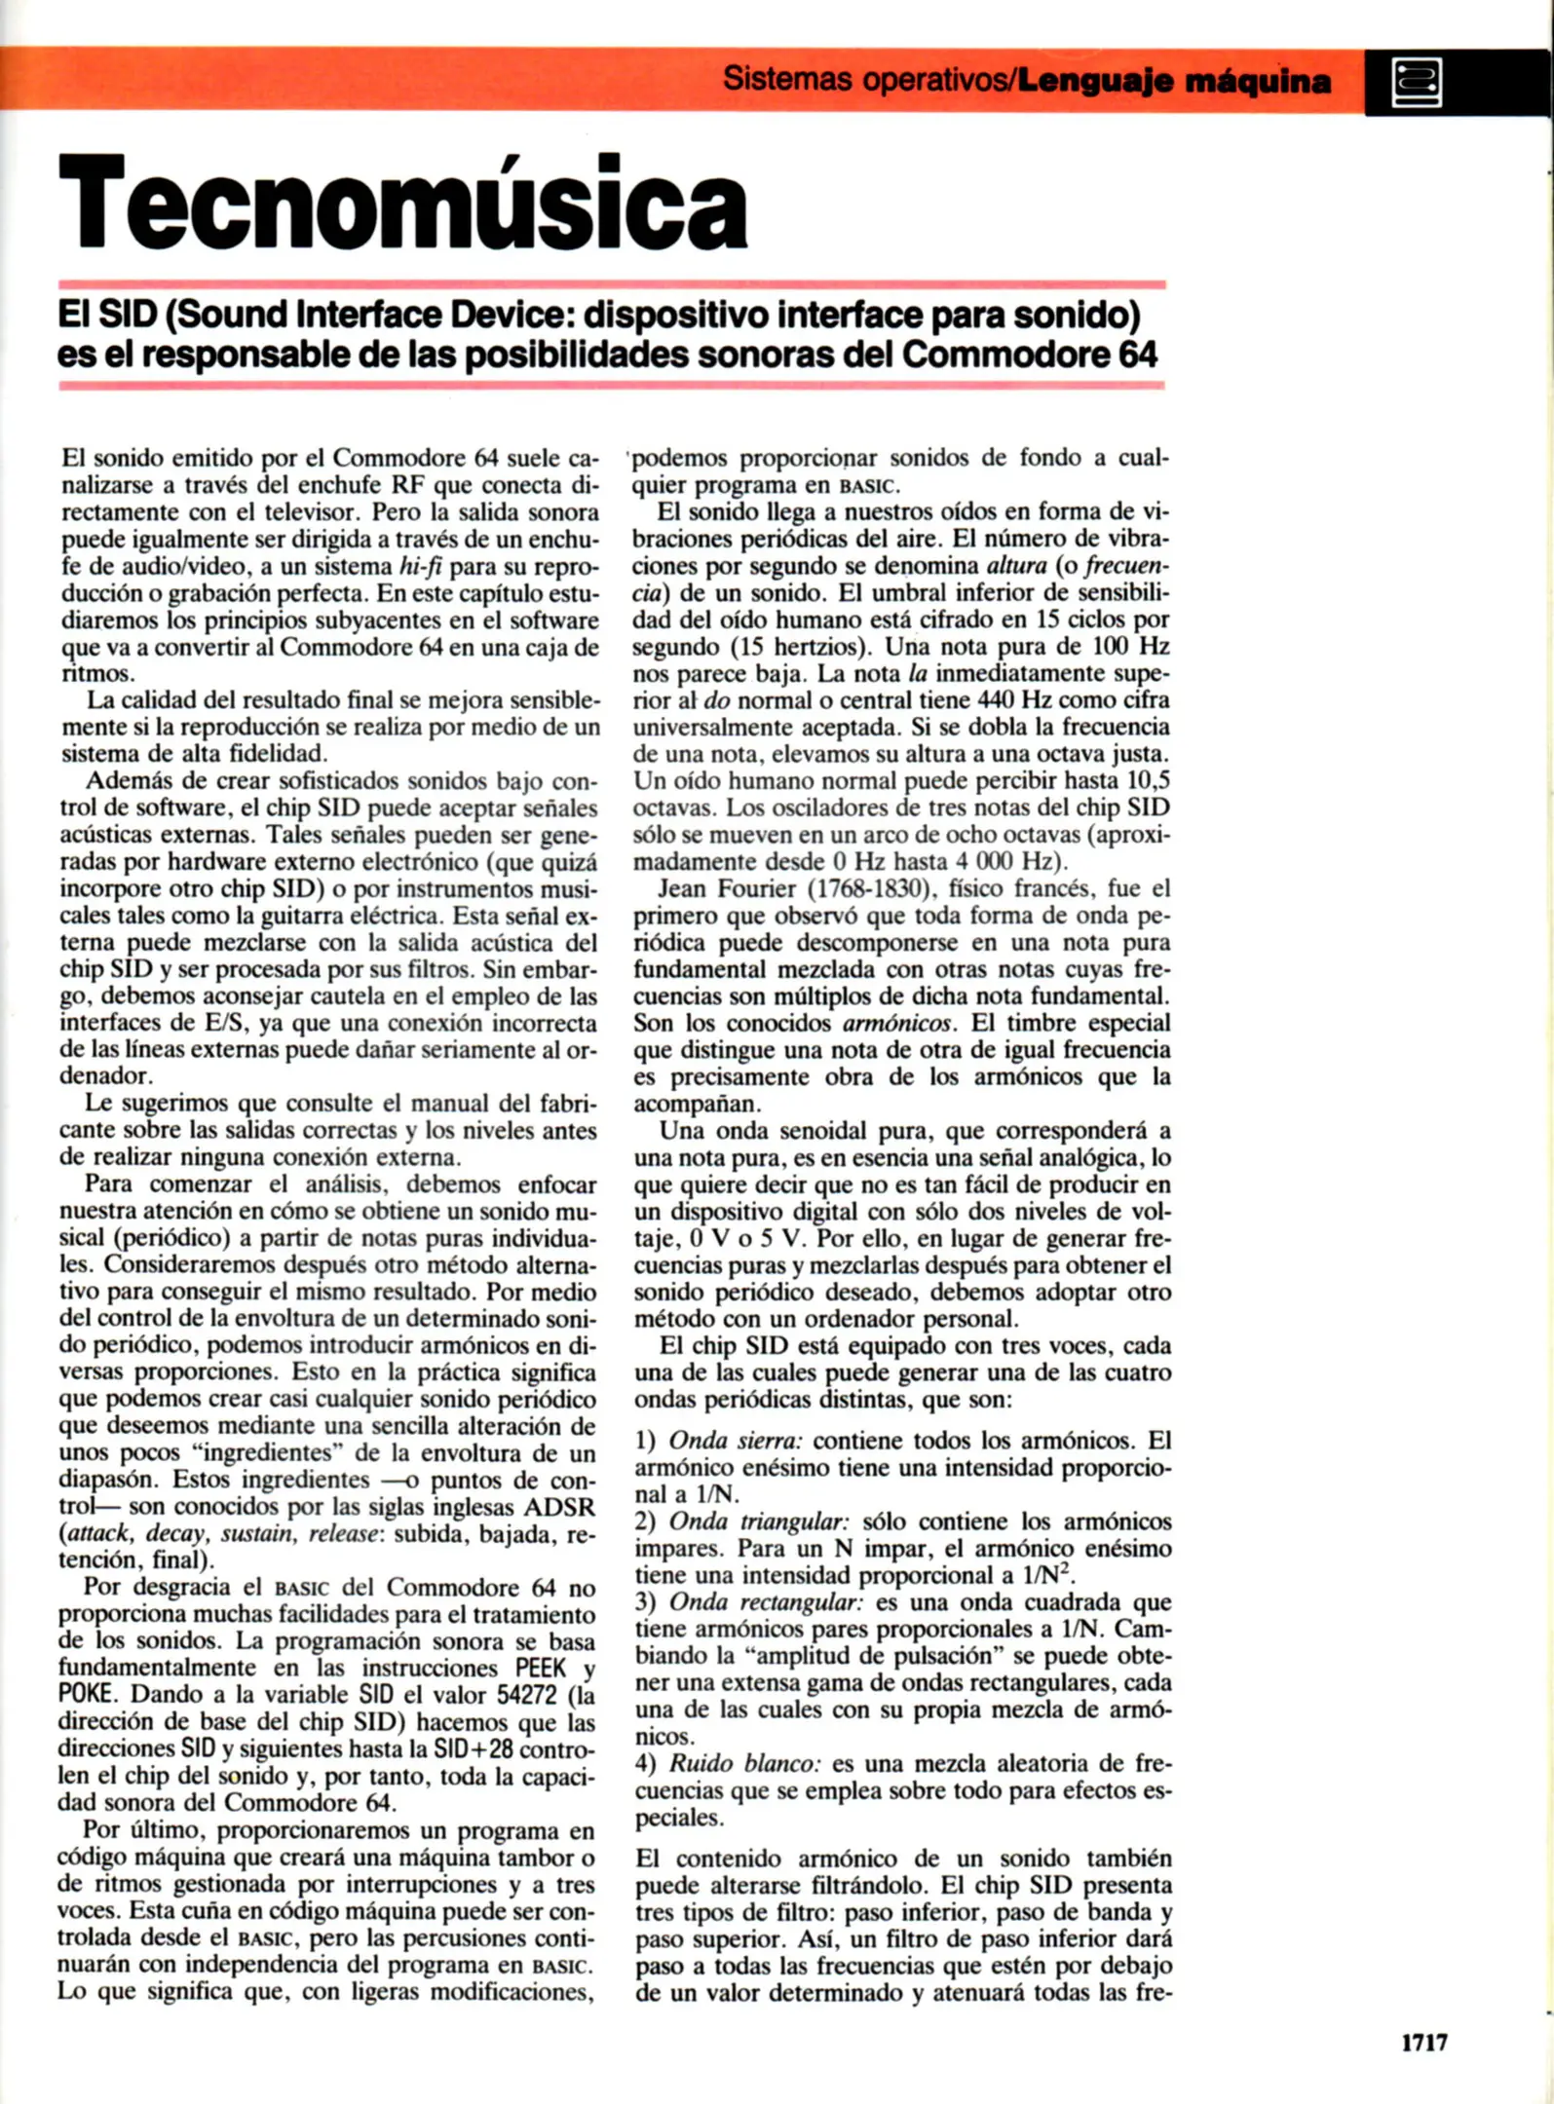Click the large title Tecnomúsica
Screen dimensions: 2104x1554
(x=402, y=203)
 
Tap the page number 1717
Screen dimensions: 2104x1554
(x=1423, y=2044)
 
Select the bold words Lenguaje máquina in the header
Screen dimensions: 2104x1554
(x=1173, y=81)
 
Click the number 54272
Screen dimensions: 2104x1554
(x=536, y=1694)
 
